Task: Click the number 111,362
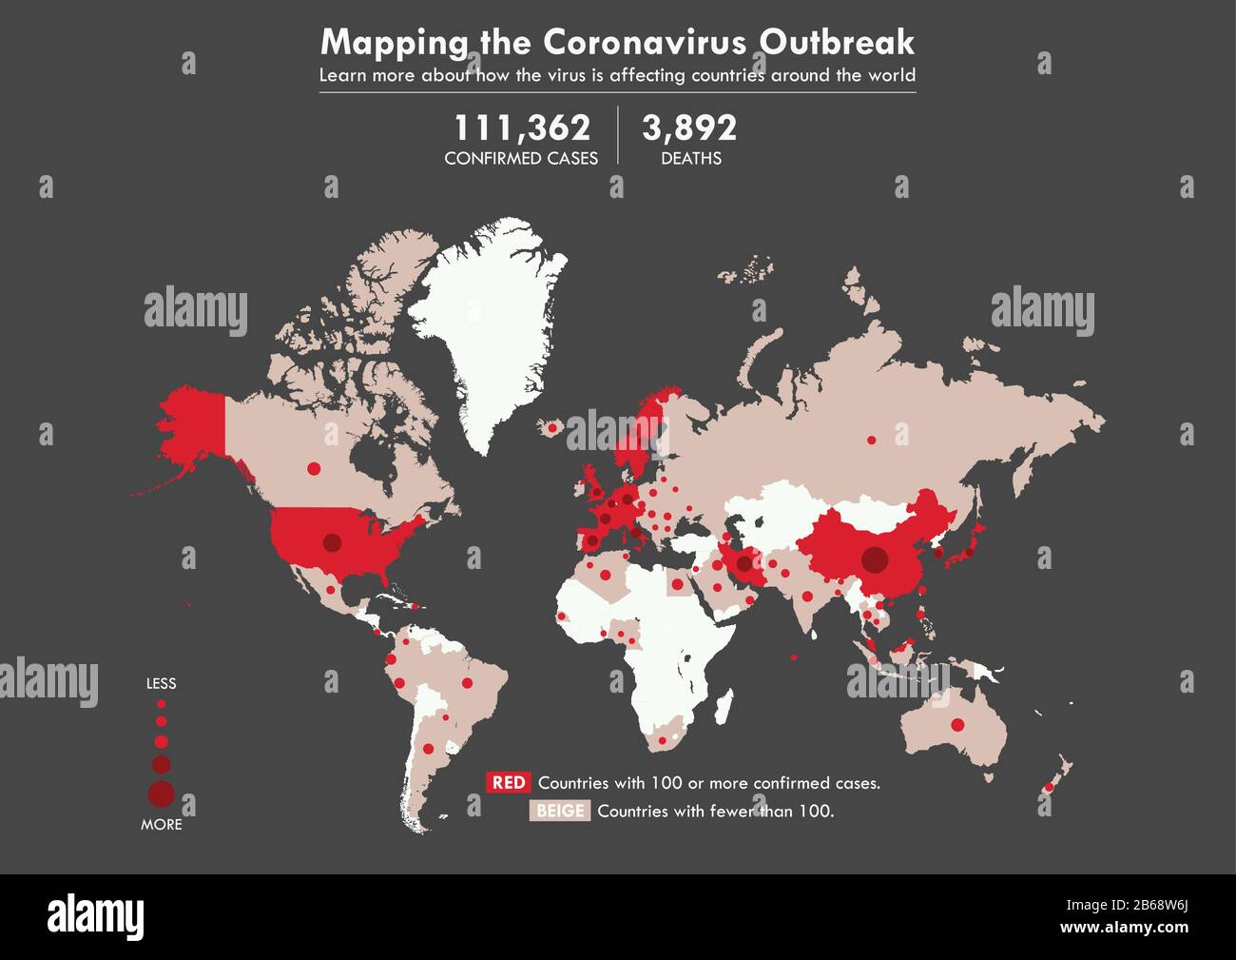[521, 128]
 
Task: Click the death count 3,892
[689, 128]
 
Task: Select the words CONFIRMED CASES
[521, 159]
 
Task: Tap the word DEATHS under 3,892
[691, 159]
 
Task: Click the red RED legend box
[509, 783]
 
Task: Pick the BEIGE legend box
[560, 812]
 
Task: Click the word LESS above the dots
[161, 683]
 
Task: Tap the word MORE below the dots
[161, 825]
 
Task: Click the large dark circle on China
[874, 560]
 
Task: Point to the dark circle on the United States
[332, 542]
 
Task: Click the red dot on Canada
[314, 468]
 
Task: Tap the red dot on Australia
[957, 725]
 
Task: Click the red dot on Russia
[871, 440]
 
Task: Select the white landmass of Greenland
[490, 323]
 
